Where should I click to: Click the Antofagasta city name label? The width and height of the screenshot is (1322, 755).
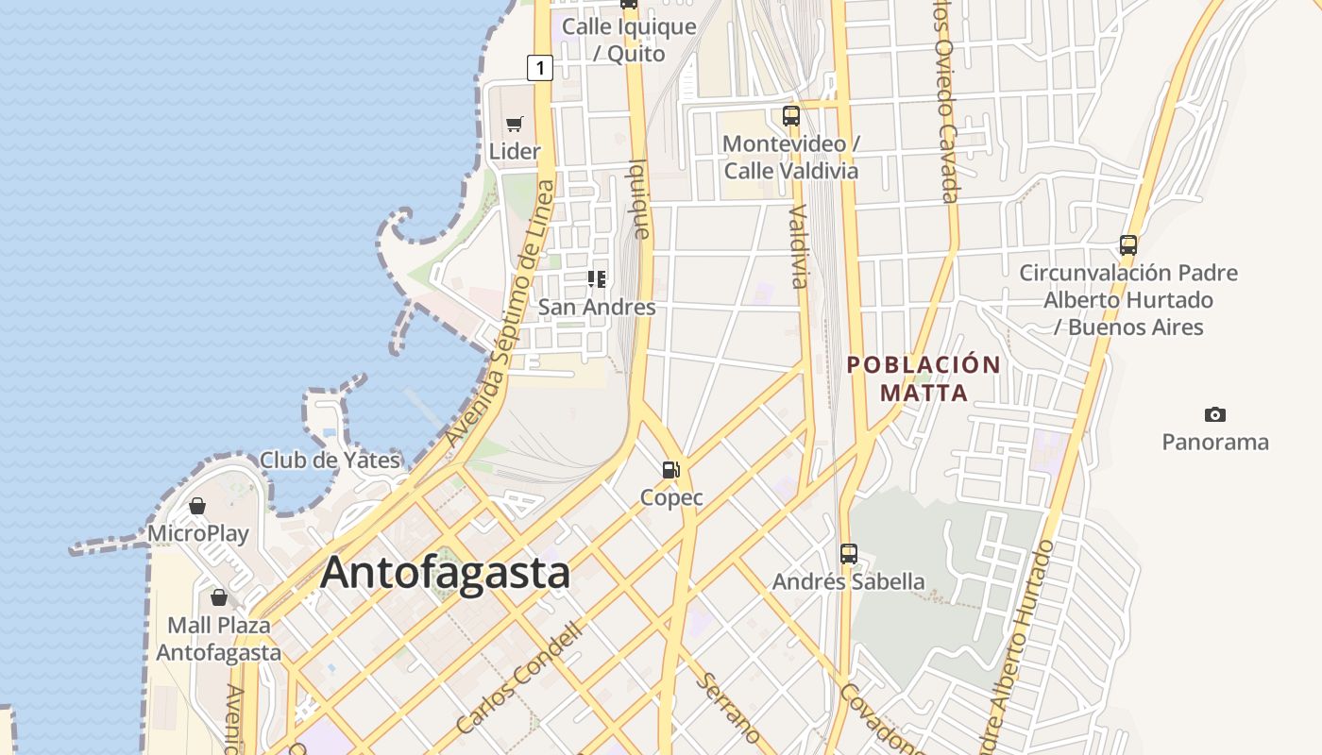pyautogui.click(x=446, y=573)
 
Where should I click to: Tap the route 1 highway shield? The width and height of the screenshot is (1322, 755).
pyautogui.click(x=539, y=68)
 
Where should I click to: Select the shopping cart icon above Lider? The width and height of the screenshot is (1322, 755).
pyautogui.click(x=515, y=124)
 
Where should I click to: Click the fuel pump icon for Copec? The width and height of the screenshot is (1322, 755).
pyautogui.click(x=671, y=469)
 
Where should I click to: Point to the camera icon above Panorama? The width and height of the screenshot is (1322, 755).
pyautogui.click(x=1215, y=414)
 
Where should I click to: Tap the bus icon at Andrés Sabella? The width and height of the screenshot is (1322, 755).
pyautogui.click(x=849, y=553)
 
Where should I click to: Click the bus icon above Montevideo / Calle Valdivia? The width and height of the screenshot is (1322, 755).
pyautogui.click(x=791, y=116)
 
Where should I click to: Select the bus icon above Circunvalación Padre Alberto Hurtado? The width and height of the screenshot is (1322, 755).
pyautogui.click(x=1127, y=245)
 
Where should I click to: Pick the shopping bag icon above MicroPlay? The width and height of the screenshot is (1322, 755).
pyautogui.click(x=197, y=507)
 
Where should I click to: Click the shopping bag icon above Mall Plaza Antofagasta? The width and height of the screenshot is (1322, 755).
pyautogui.click(x=219, y=597)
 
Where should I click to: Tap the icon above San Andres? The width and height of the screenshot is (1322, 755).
pyautogui.click(x=597, y=278)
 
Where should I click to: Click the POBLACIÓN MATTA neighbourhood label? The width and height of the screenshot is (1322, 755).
pyautogui.click(x=924, y=378)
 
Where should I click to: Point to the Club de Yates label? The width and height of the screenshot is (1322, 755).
pyautogui.click(x=330, y=461)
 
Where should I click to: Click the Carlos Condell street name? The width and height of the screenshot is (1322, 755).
pyautogui.click(x=518, y=677)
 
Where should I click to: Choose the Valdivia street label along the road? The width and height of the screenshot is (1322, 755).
pyautogui.click(x=799, y=245)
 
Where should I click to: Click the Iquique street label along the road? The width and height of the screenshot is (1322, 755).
pyautogui.click(x=639, y=198)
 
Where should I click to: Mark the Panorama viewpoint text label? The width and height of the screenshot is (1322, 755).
pyautogui.click(x=1215, y=442)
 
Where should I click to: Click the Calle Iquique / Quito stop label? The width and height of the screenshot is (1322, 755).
pyautogui.click(x=629, y=40)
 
